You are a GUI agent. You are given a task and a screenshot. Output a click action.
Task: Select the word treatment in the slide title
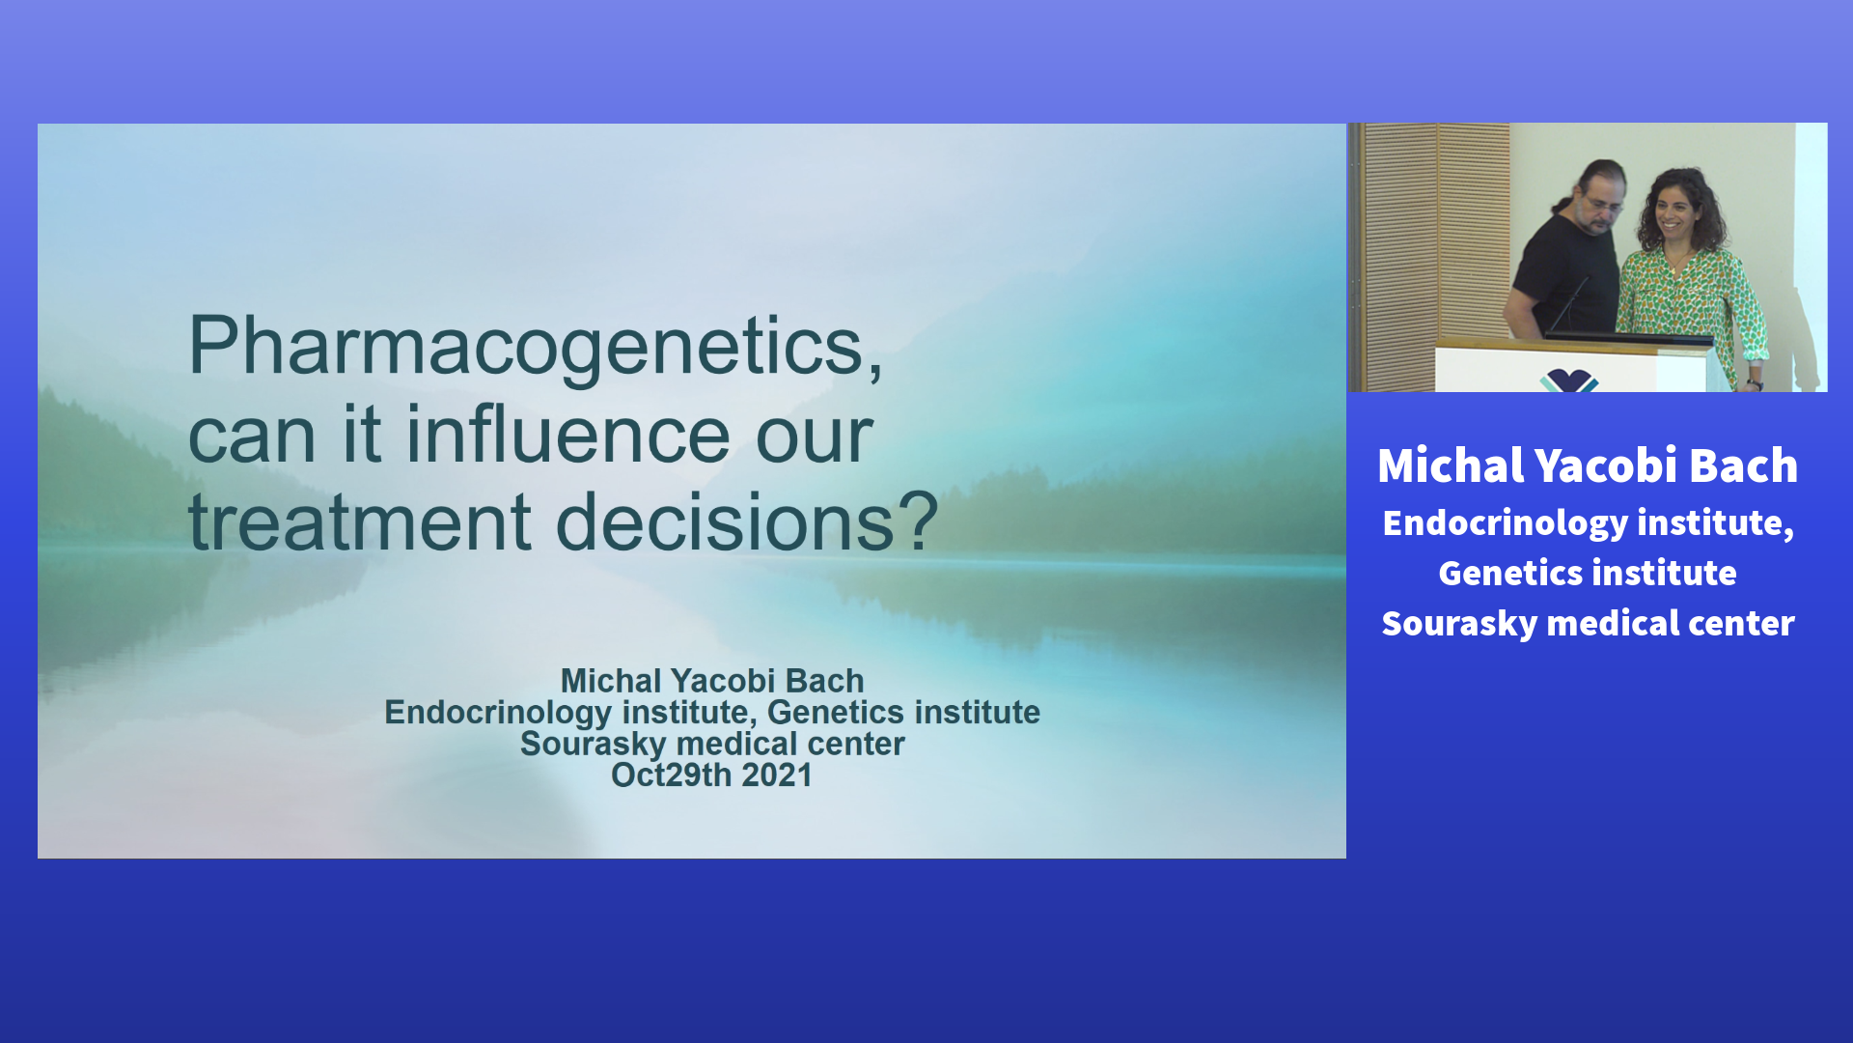click(x=360, y=521)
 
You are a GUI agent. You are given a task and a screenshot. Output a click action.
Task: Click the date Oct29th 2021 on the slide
click(x=711, y=775)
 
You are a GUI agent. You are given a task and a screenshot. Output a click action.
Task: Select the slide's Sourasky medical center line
click(x=712, y=744)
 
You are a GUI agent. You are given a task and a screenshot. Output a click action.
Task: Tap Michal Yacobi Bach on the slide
click(x=712, y=681)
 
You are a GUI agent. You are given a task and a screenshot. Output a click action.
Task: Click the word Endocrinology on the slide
click(x=498, y=714)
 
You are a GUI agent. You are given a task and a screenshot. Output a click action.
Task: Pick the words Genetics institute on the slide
click(x=903, y=713)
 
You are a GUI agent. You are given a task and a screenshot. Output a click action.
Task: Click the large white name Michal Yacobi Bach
click(x=1588, y=465)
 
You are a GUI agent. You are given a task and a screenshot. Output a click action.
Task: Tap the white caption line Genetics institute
click(x=1588, y=573)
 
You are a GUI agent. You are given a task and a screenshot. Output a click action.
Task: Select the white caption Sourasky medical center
click(x=1588, y=624)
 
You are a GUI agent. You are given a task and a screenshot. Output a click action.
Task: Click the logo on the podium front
click(x=1569, y=381)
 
